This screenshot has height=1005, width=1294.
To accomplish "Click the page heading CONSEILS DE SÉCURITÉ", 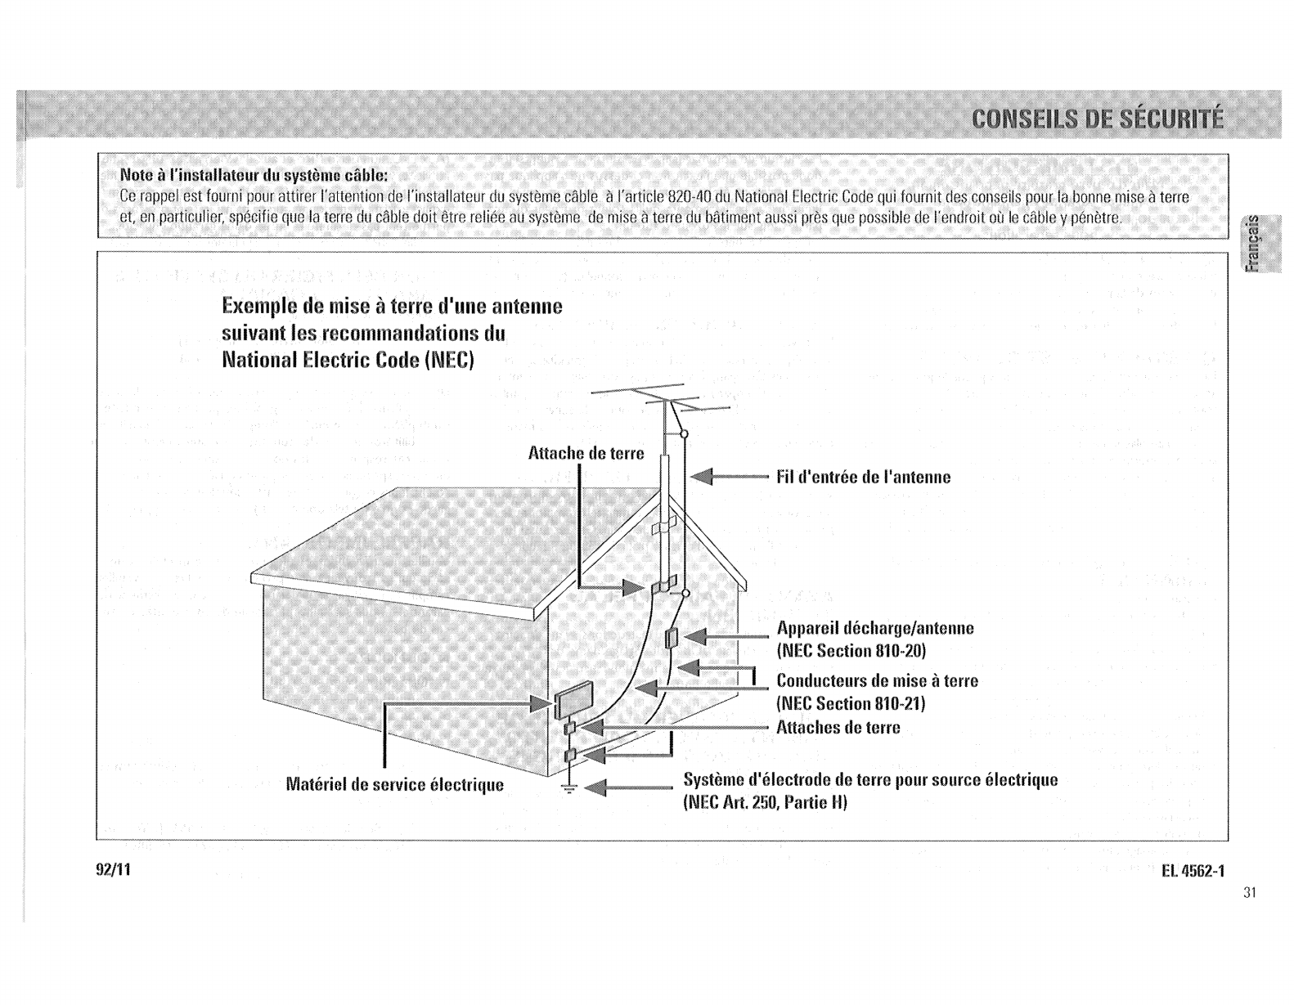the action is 1096,119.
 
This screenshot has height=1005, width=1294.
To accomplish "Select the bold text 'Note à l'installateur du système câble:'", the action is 254,176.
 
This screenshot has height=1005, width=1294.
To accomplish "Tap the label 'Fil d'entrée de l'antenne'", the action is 863,478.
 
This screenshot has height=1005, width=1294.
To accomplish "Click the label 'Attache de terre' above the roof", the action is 586,453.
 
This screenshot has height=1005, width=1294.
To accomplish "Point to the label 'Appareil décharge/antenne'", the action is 875,628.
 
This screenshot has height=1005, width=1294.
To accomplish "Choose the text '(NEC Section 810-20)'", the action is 851,651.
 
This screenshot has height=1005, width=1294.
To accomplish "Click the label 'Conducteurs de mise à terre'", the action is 877,680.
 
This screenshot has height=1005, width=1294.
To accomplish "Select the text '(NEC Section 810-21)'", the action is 851,703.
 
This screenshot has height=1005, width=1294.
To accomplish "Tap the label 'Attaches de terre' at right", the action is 838,727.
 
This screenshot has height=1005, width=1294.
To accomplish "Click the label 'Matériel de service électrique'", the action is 394,785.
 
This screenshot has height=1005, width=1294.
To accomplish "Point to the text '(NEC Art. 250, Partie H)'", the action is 765,802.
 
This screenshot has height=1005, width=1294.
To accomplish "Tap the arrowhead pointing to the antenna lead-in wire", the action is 703,477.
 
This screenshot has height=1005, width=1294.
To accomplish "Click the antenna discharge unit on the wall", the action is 672,638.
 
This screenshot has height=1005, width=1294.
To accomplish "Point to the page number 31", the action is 1248,892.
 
